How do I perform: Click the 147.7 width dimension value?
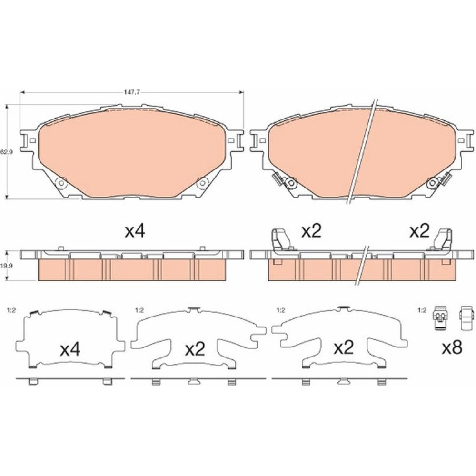click(x=132, y=93)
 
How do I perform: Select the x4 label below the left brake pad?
click(x=135, y=232)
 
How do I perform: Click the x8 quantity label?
click(x=452, y=348)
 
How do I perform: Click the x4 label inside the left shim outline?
click(x=70, y=350)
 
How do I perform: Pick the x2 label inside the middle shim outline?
click(x=195, y=349)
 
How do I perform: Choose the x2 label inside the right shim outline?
click(x=344, y=348)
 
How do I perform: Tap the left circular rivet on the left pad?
click(x=61, y=183)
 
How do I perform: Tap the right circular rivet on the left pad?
click(x=201, y=183)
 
